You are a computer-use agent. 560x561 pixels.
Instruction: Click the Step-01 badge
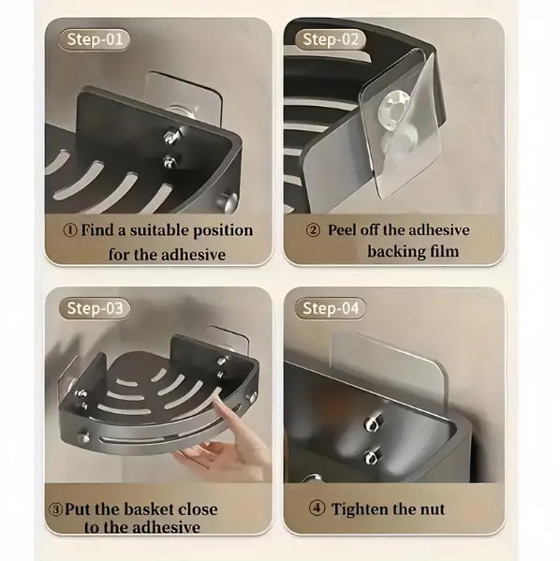click(94, 39)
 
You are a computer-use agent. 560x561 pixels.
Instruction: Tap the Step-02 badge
click(330, 39)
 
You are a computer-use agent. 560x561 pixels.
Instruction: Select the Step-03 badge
click(94, 308)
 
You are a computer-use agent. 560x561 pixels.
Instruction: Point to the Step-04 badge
click(330, 308)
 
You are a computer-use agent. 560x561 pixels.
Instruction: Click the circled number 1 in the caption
click(70, 230)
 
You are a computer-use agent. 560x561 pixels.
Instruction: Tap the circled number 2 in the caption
click(313, 230)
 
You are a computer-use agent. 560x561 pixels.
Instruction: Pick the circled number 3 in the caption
click(55, 509)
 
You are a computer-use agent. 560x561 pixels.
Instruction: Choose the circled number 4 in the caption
click(317, 509)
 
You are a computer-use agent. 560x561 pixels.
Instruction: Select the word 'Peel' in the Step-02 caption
click(343, 230)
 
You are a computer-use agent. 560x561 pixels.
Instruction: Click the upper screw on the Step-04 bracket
click(372, 423)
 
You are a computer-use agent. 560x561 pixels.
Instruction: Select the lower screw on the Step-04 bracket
click(371, 457)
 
